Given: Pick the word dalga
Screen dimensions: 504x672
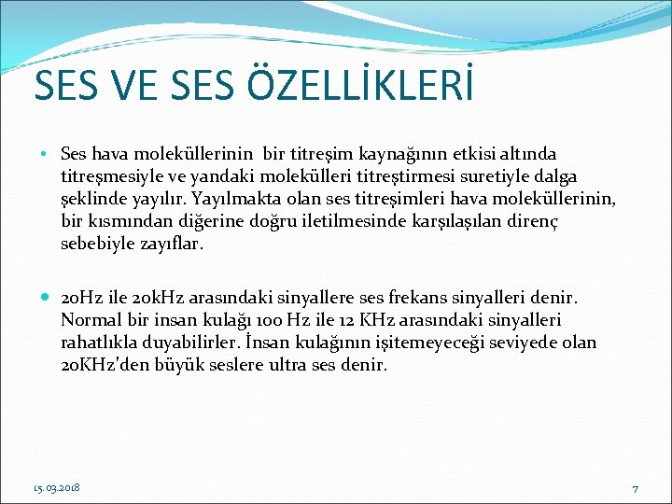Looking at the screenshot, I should click(553, 175).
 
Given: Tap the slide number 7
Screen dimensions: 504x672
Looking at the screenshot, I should click(634, 488).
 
